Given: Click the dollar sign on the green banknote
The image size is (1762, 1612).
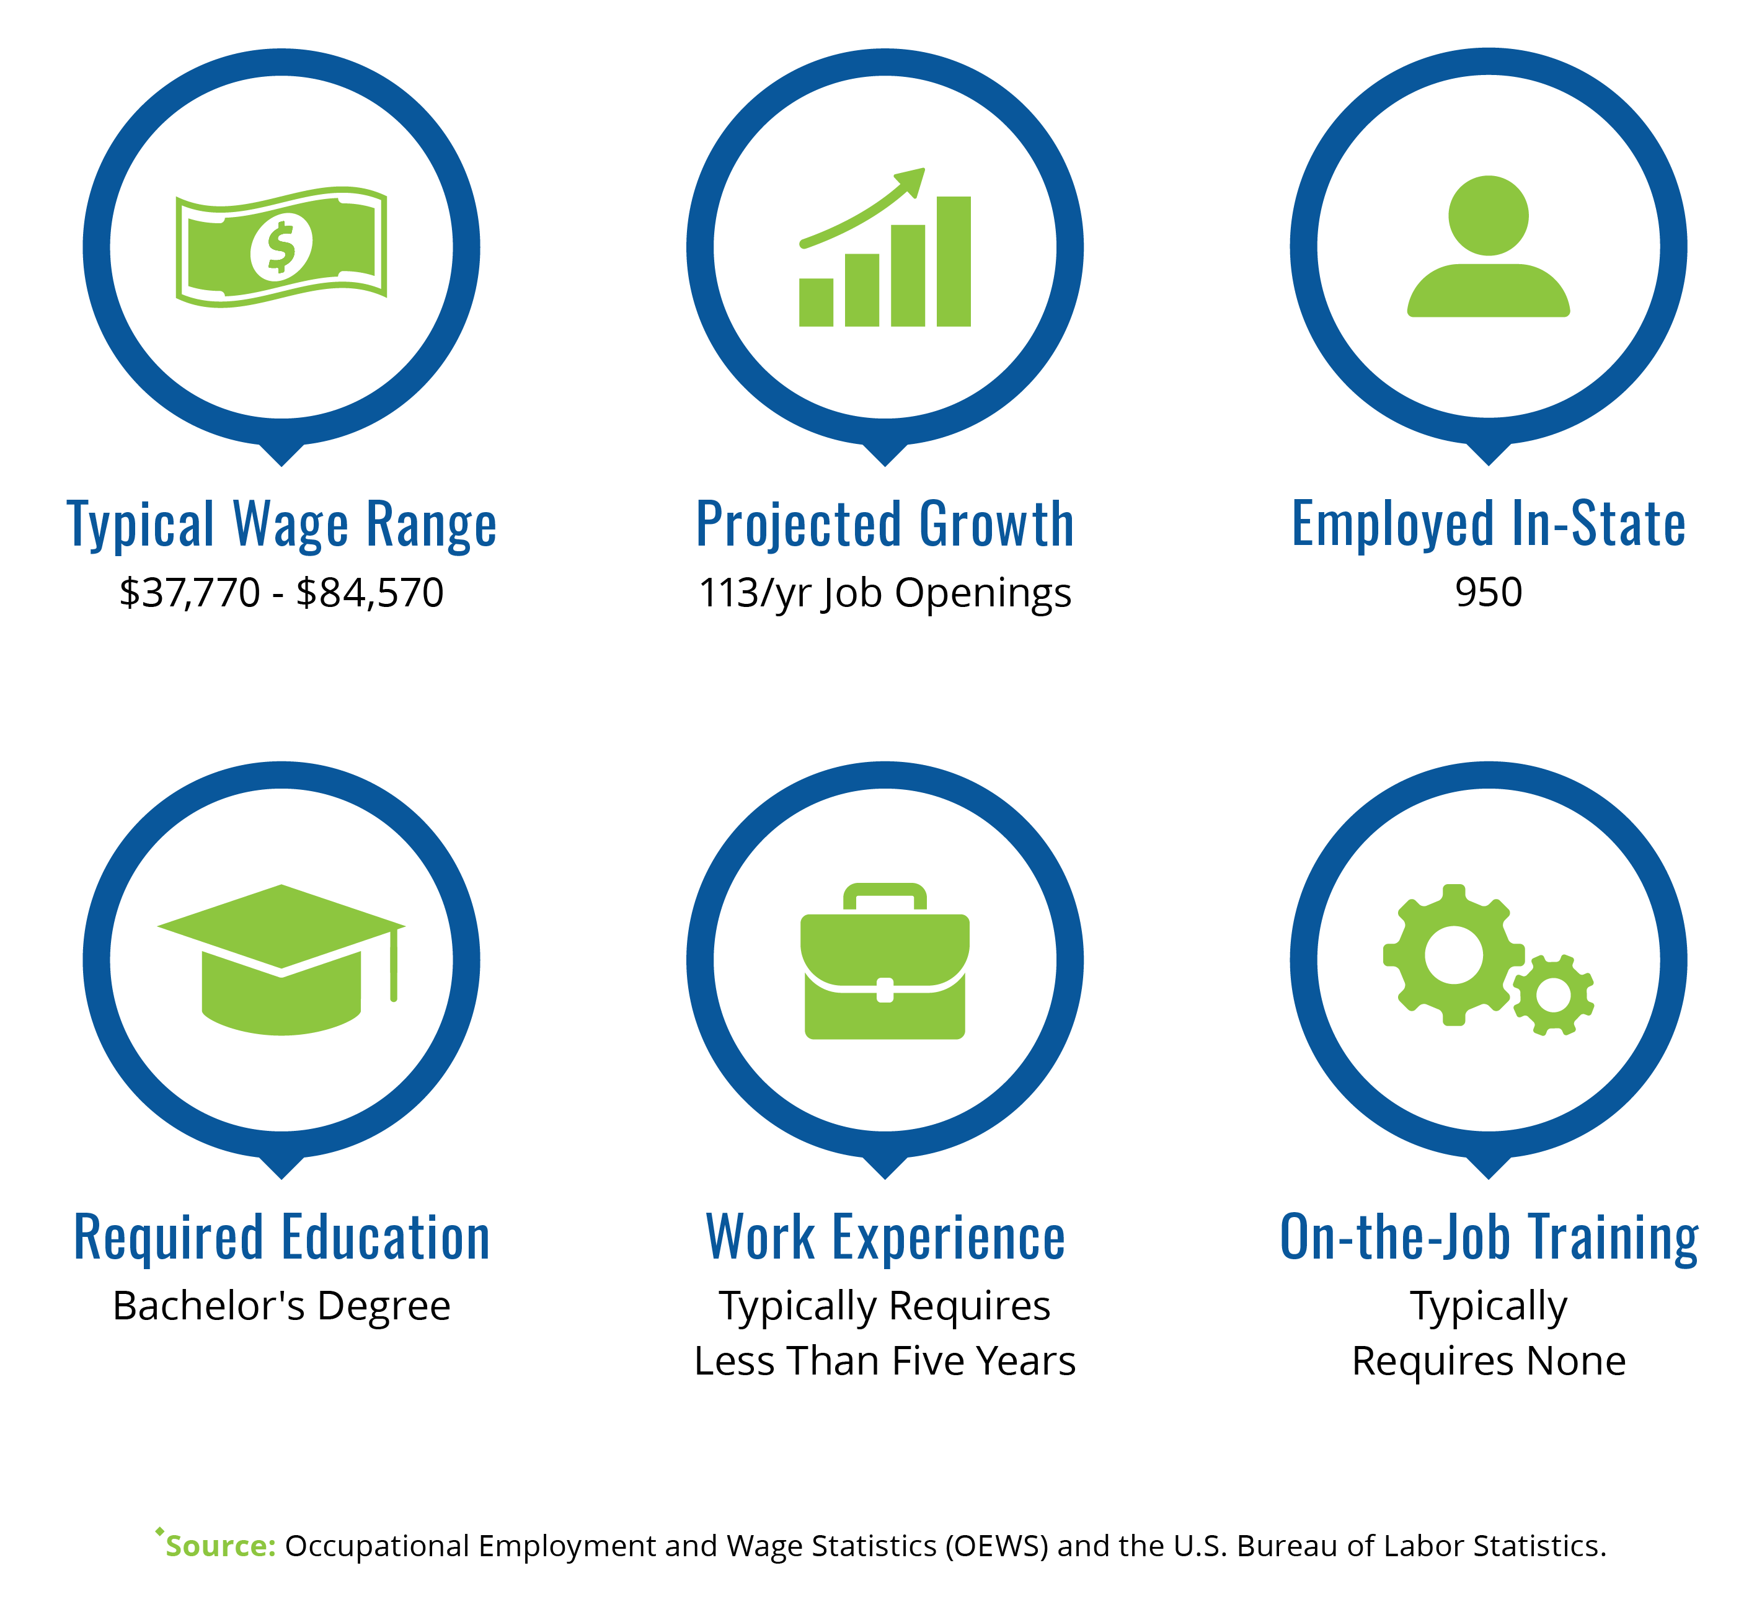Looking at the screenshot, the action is tap(281, 247).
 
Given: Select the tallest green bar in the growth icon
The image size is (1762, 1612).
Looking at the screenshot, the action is tap(954, 262).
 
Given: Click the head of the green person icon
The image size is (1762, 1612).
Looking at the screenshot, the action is tap(1489, 216).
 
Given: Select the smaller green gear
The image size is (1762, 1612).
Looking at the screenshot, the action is tap(1553, 995).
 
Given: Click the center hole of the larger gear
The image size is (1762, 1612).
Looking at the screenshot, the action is tap(1453, 955).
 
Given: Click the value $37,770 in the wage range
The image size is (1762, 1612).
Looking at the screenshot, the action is tap(190, 593).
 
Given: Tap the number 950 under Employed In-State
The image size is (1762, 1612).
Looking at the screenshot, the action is tap(1489, 593).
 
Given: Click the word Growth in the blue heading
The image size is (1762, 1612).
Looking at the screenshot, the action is tap(996, 525).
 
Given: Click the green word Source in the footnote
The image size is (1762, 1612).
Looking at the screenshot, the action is tap(220, 1546).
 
